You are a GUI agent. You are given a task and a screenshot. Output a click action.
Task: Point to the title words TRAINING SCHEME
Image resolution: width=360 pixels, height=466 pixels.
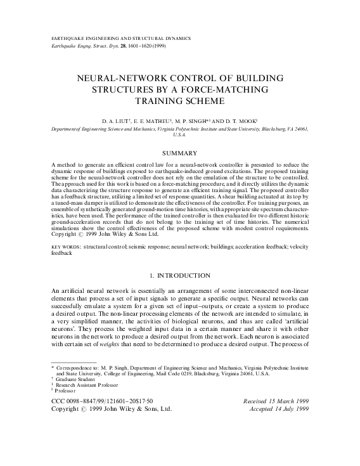179,100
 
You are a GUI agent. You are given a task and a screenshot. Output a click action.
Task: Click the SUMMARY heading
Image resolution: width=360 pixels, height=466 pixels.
179,153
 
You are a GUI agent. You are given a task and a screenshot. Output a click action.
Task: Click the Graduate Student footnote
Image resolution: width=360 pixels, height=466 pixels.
74,379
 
